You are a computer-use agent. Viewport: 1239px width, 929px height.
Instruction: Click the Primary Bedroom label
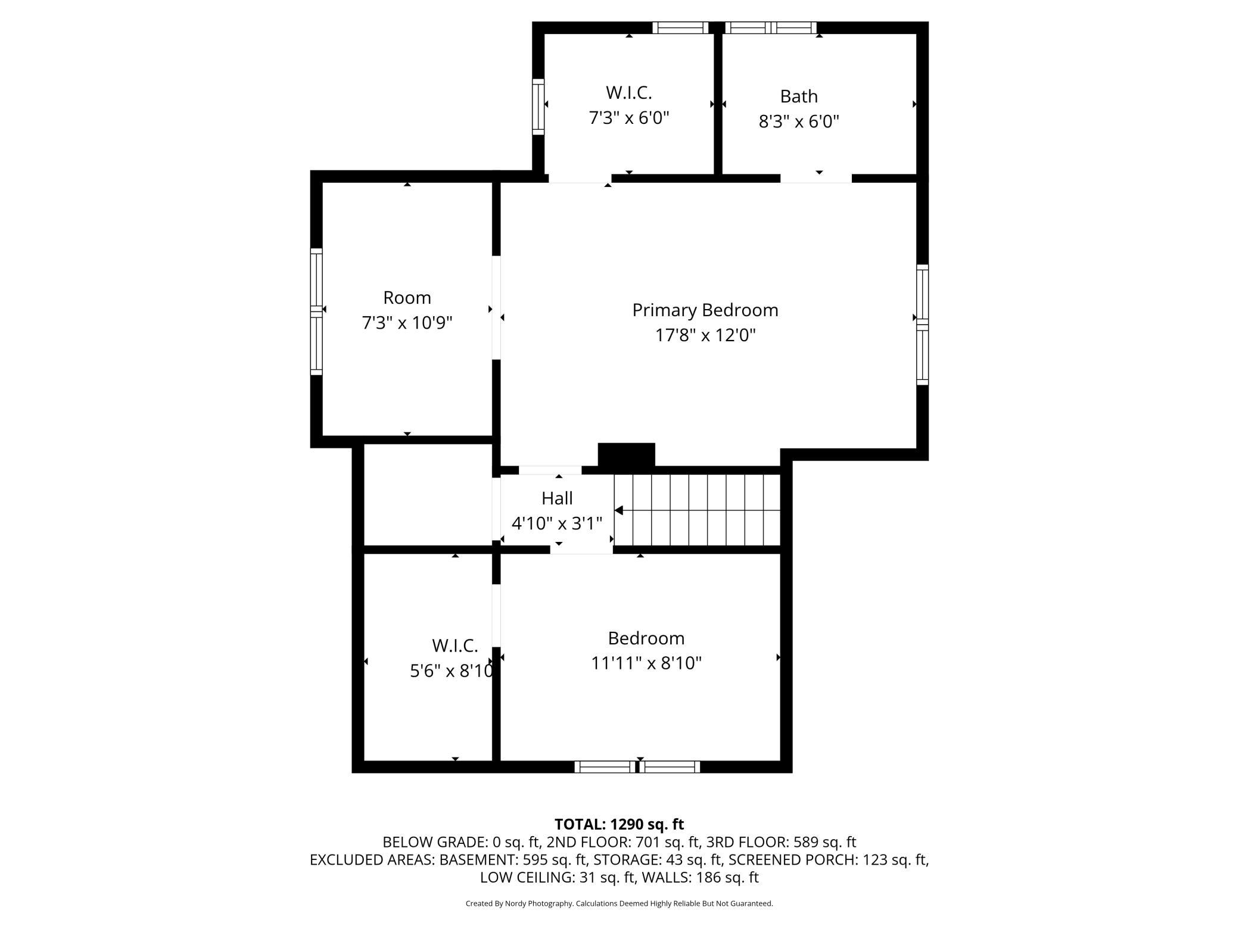click(705, 310)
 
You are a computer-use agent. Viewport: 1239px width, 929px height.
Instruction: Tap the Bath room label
click(799, 96)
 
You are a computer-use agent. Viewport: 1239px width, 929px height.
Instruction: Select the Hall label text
click(557, 498)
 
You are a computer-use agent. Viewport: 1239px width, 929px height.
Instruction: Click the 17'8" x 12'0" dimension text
click(705, 335)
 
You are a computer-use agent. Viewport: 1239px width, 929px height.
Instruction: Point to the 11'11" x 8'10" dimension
click(646, 663)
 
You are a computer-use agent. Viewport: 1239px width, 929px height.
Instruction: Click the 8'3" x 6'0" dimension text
click(799, 121)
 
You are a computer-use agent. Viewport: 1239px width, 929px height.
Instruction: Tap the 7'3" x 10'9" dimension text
click(407, 323)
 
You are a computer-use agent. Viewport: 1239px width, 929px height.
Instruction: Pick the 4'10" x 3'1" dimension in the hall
click(557, 523)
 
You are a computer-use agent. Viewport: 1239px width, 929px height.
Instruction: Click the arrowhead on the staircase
click(618, 510)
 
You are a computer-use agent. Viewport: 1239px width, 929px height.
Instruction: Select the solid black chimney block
click(626, 454)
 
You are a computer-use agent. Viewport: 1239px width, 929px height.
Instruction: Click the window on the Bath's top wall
click(771, 27)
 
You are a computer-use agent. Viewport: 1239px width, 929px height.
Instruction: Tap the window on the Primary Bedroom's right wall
click(922, 325)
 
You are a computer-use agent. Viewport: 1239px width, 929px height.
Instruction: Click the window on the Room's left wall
click(316, 311)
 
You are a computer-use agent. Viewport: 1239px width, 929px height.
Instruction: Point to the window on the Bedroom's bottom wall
click(637, 766)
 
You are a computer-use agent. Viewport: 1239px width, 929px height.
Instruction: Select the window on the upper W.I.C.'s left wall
click(538, 107)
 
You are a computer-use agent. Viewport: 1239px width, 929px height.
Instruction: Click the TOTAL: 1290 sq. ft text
click(619, 824)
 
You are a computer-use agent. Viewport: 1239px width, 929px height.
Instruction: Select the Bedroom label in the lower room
click(646, 638)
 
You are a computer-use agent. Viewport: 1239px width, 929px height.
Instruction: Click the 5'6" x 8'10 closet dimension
click(452, 671)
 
